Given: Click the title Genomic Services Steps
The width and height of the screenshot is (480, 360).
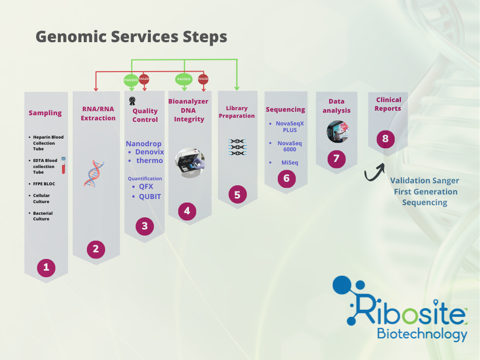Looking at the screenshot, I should (x=131, y=37).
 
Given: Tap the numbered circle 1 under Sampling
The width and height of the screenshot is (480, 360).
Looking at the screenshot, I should (x=46, y=267).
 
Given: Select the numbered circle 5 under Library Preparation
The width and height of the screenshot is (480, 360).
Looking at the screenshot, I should (x=237, y=194).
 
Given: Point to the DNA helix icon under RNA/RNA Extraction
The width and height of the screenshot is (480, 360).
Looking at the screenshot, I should (x=93, y=173).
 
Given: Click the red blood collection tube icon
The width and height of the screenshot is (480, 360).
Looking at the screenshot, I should (x=65, y=166).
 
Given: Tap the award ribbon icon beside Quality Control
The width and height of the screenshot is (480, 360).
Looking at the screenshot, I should (x=132, y=101).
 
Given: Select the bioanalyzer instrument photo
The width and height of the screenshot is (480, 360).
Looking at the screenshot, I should (x=189, y=162).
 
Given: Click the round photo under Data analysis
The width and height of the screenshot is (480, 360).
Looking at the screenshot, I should (x=337, y=132).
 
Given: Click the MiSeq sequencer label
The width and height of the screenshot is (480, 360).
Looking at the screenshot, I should (x=290, y=162).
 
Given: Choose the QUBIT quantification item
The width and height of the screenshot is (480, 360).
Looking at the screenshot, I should (x=150, y=197).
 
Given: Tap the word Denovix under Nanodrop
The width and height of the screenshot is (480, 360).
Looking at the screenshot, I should (x=149, y=152).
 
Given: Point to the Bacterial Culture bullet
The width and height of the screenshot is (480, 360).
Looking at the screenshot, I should (x=43, y=216).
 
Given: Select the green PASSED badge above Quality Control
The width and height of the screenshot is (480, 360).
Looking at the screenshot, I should (x=131, y=79).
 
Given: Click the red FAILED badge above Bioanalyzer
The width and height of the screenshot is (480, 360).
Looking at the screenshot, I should (x=203, y=79).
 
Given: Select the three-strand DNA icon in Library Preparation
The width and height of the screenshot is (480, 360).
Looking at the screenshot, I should (x=237, y=147).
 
